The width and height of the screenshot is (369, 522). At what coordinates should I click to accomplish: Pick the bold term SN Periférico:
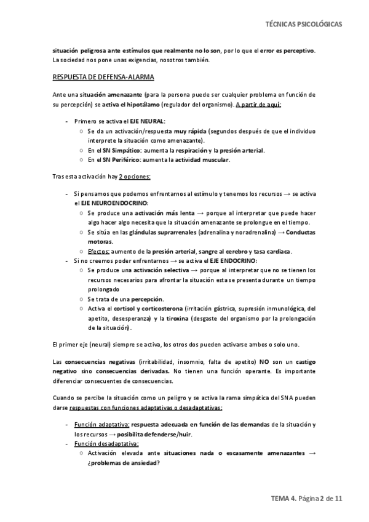(122, 160)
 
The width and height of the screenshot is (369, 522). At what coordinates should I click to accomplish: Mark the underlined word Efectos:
(99, 251)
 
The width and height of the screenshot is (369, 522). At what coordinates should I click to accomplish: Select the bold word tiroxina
(177, 318)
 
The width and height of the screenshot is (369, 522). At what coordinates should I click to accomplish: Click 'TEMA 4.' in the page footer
(285, 500)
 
